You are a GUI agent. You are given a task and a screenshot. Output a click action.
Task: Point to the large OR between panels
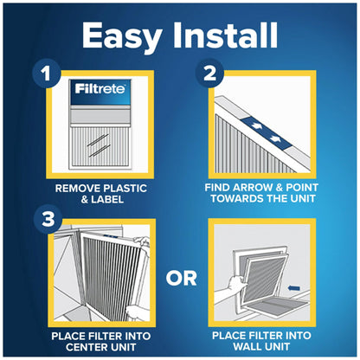(x=179, y=279)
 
